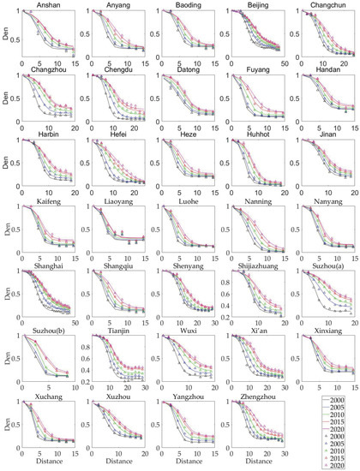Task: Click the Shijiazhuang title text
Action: click(240, 265)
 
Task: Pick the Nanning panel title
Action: click(240, 200)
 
